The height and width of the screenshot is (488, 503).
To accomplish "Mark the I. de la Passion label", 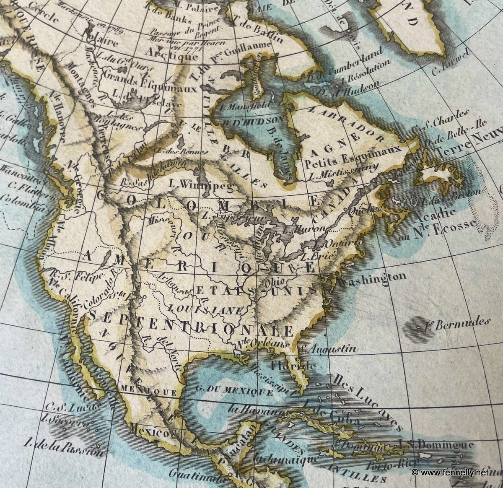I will [x=63, y=448].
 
